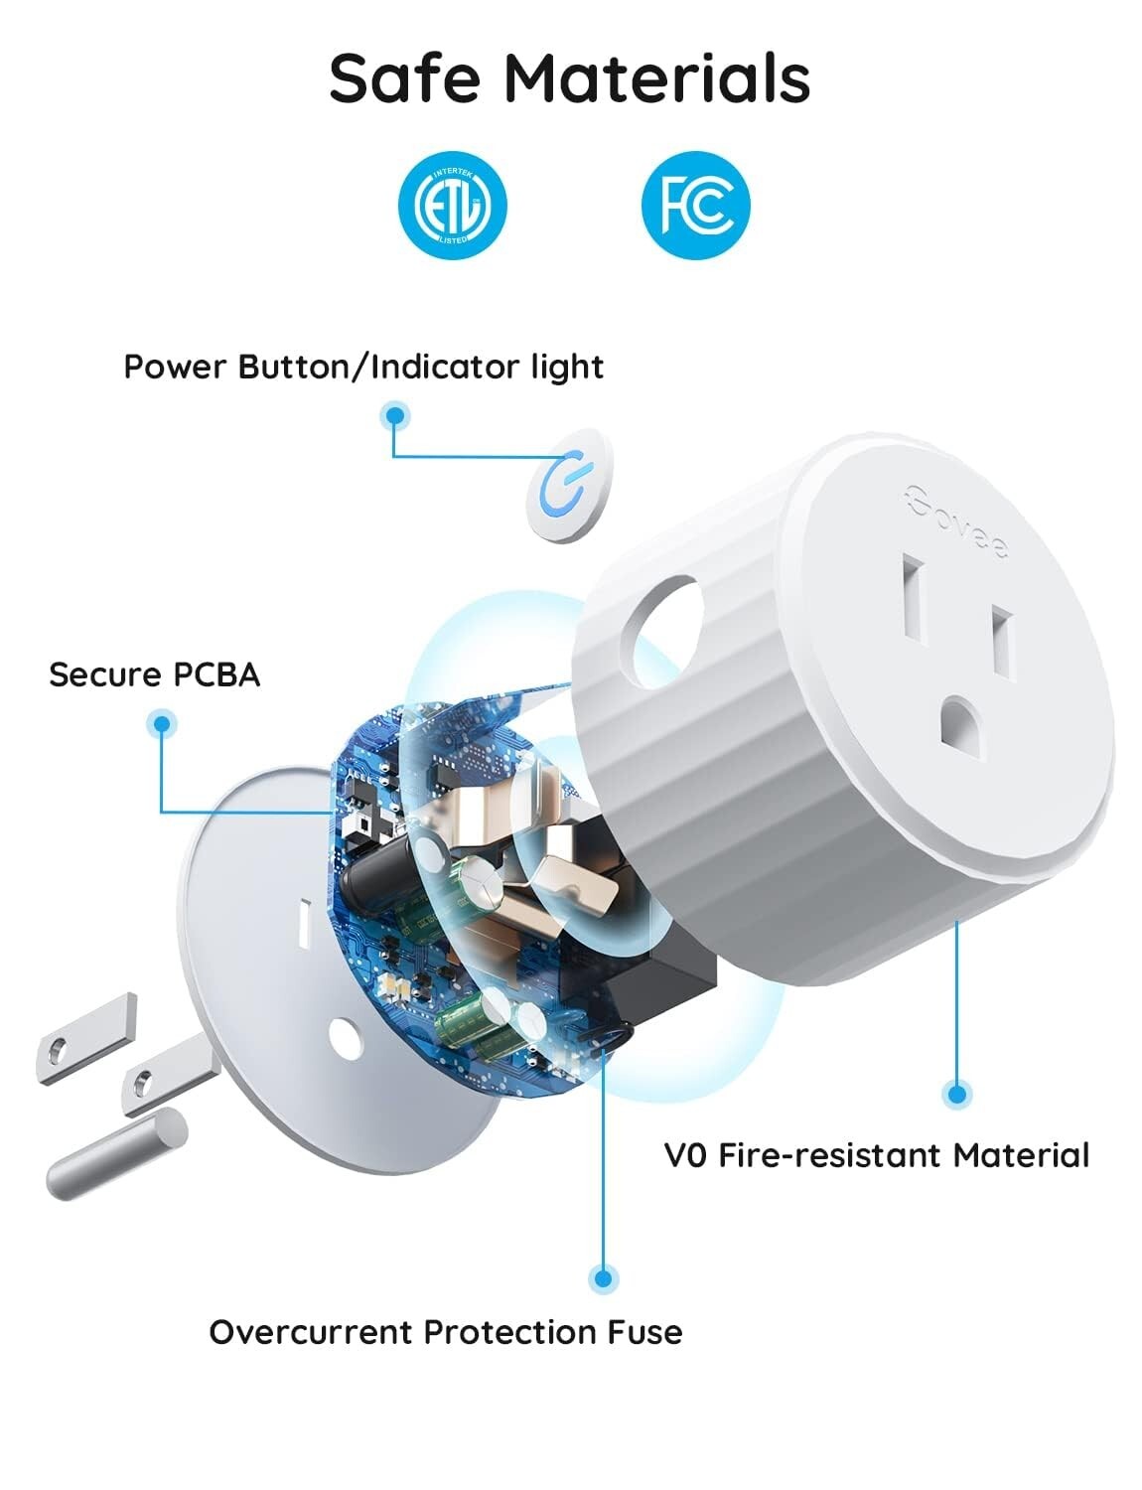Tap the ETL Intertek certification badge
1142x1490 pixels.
452,206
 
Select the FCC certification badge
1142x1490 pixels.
695,206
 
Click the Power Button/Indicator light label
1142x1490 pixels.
362,367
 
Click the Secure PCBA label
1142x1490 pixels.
154,674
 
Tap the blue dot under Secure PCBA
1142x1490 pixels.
161,724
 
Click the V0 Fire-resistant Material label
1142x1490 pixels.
876,1155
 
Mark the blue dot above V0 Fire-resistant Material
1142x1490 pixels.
956,1095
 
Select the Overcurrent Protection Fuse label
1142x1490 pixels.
445,1332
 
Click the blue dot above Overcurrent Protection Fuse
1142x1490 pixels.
602,1277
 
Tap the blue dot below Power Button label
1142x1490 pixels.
395,416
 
